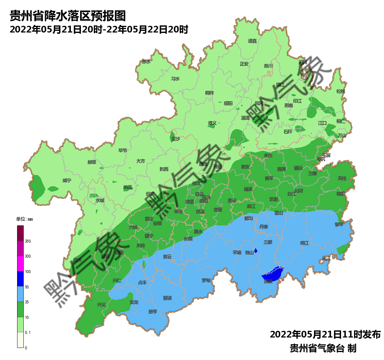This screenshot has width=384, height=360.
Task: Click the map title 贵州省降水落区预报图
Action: tap(68, 16)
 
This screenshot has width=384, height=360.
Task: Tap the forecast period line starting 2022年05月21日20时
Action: tap(99, 30)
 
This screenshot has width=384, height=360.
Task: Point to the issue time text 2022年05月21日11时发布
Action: tap(325, 335)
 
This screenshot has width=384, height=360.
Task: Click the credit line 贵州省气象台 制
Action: tap(323, 348)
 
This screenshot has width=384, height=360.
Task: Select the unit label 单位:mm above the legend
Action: tap(24, 219)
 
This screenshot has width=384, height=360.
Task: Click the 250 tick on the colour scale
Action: tap(28, 241)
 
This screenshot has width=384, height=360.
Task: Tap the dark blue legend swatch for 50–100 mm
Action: tap(20, 279)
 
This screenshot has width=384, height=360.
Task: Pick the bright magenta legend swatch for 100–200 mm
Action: tap(20, 264)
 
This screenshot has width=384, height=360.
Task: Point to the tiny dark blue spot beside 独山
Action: tap(256, 251)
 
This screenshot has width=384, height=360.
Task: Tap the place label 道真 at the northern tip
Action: tap(252, 41)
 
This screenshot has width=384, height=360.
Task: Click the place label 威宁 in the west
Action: tap(67, 180)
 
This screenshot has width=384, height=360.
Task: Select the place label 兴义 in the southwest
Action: tap(101, 305)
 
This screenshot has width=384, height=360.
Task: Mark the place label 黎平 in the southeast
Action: tap(339, 224)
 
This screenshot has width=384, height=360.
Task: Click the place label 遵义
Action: tap(212, 123)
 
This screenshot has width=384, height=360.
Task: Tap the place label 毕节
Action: tap(123, 150)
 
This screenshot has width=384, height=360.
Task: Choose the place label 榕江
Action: tap(304, 243)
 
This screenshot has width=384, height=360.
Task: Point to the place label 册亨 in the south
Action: tap(153, 312)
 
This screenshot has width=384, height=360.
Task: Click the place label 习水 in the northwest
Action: tap(176, 79)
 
